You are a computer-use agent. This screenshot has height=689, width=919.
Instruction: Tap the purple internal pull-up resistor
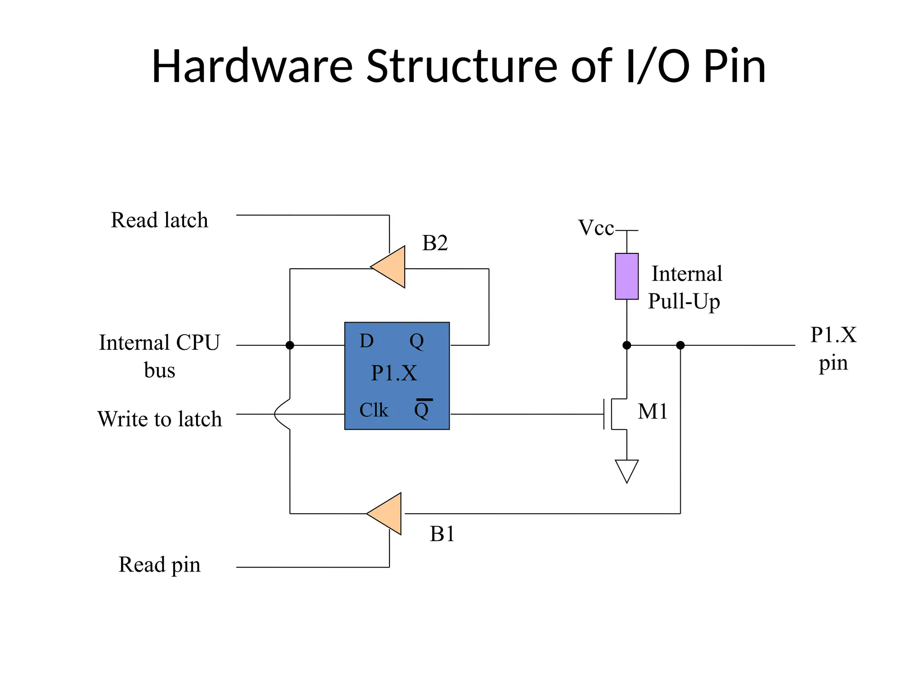[626, 276]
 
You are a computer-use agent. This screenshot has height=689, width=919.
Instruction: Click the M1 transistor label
[652, 411]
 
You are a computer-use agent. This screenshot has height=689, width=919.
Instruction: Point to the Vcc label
[595, 228]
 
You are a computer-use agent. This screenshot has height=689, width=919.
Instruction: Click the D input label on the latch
[366, 341]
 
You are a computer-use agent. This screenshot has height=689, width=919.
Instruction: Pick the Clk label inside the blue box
[373, 410]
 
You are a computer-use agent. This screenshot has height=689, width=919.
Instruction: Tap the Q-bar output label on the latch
[422, 409]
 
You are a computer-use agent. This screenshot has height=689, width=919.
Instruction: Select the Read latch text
[159, 220]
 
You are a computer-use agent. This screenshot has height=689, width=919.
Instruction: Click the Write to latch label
[160, 419]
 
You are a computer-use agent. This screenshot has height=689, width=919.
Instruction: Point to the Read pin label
[159, 565]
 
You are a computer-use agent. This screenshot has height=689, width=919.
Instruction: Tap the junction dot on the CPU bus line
[290, 345]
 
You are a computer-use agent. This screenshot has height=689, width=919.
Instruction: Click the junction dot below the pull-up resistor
[626, 345]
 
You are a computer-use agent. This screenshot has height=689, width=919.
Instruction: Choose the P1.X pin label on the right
[833, 349]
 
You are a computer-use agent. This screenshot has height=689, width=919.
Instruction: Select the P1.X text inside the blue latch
[394, 373]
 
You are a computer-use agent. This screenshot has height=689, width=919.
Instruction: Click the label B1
[442, 534]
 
